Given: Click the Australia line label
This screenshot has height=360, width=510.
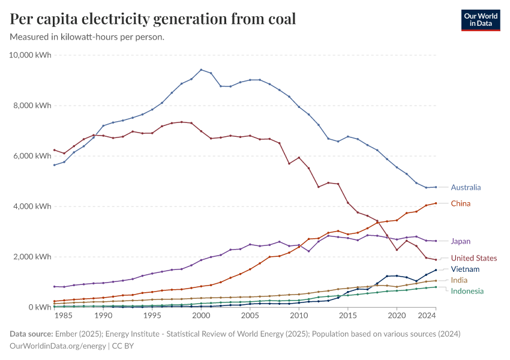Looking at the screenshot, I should coord(466,187).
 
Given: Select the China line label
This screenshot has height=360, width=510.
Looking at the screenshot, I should coord(460,203).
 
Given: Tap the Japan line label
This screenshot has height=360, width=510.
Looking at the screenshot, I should coord(461,241).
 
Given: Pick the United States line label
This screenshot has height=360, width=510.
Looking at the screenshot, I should coord(474,258).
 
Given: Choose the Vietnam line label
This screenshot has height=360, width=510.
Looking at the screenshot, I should coord(464,269).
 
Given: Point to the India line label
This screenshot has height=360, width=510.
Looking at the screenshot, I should coord(459,280).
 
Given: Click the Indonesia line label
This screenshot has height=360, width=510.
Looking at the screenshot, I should coord(467,291).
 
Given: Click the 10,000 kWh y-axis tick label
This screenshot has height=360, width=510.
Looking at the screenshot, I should coord(31,55).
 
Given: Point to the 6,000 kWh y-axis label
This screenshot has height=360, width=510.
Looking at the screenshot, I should coord(33,156).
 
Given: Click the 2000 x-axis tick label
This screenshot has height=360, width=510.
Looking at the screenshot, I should coord(201,315).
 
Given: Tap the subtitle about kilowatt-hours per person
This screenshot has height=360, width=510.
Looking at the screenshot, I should coord(88,37).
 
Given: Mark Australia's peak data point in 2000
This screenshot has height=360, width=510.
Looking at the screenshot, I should coord(201,70).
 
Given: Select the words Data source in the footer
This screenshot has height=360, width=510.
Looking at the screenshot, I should coord(31,334).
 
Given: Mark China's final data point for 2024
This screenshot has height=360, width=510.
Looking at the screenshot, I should coord(436,203).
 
